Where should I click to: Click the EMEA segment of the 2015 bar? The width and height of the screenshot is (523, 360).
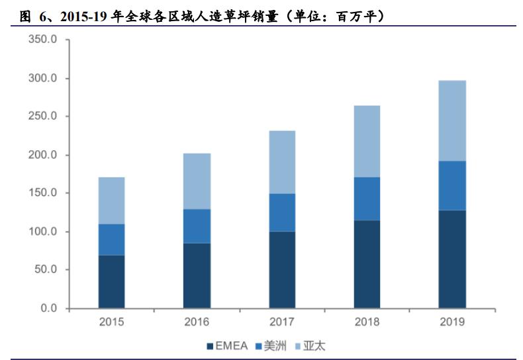(111, 282)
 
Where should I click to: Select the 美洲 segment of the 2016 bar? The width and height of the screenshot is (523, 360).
(197, 226)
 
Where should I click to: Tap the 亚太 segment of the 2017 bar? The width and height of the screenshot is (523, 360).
(282, 162)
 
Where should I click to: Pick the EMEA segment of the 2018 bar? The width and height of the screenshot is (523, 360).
(367, 265)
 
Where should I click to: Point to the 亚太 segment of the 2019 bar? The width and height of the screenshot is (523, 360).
(452, 121)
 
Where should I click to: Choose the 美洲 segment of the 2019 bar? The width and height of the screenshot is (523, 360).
(452, 186)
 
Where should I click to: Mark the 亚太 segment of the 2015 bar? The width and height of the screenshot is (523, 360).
(111, 201)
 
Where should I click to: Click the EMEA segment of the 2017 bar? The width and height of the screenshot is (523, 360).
(282, 270)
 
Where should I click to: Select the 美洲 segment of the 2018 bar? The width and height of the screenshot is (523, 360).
(367, 199)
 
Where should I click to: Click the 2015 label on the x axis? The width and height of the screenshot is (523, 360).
(111, 322)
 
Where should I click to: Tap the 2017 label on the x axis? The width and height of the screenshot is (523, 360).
(282, 322)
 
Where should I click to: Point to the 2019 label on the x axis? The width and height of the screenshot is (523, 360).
(452, 322)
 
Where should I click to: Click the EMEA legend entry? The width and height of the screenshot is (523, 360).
(229, 346)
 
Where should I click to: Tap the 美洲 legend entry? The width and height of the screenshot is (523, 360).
(271, 346)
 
